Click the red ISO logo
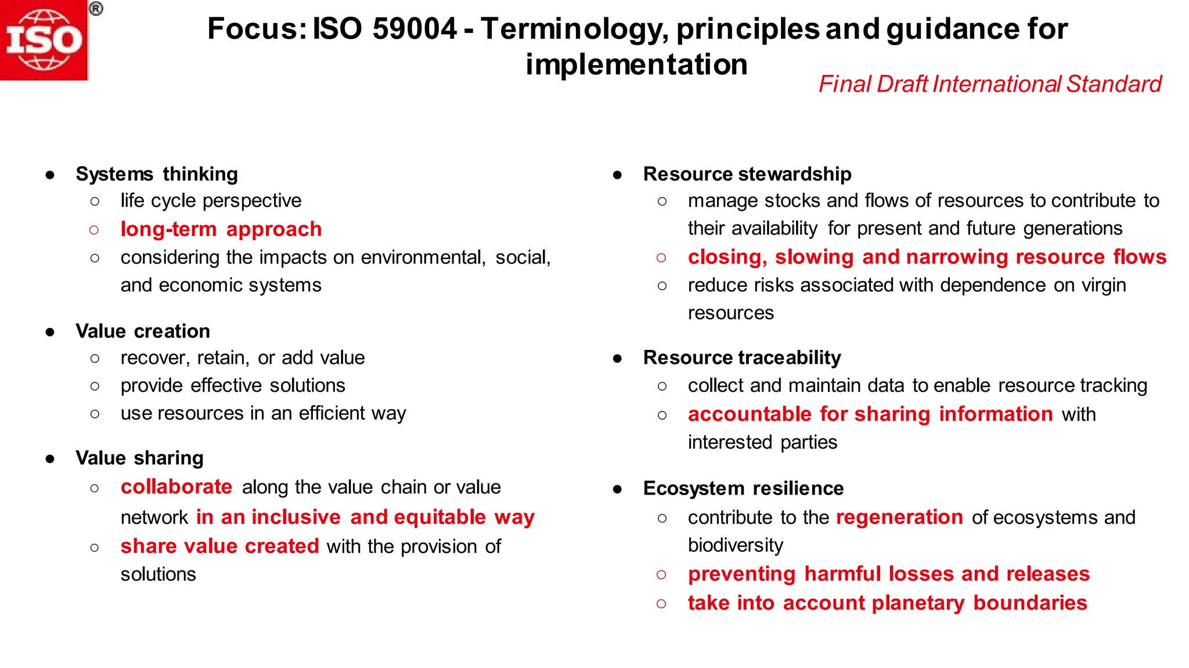click(44, 40)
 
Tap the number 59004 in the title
click(415, 28)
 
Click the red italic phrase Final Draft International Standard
click(990, 84)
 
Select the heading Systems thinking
click(157, 174)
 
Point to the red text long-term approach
click(221, 229)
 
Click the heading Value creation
click(143, 331)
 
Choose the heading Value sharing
click(139, 458)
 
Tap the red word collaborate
click(176, 487)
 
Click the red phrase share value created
click(219, 546)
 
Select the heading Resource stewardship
click(747, 174)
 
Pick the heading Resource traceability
click(742, 358)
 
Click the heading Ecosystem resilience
click(743, 489)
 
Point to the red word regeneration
click(899, 517)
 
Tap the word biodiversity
click(736, 546)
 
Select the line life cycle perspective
click(211, 201)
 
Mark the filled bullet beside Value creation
click(51, 332)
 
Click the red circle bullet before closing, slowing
click(661, 257)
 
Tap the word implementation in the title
click(636, 64)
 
